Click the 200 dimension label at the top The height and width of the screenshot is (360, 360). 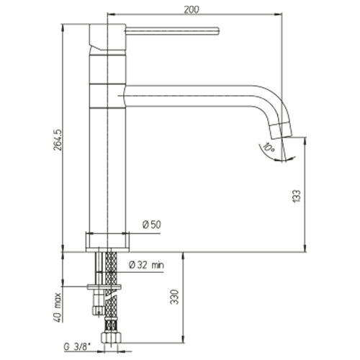pyautogui.click(x=192, y=9)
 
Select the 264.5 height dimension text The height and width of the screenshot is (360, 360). pyautogui.click(x=58, y=140)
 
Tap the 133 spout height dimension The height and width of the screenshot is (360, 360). pyautogui.click(x=297, y=196)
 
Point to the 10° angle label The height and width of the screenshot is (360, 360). pyautogui.click(x=269, y=148)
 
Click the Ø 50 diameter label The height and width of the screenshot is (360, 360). pyautogui.click(x=152, y=225)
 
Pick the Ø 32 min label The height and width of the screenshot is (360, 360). pyautogui.click(x=147, y=265)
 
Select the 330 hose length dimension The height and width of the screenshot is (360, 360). pyautogui.click(x=175, y=297)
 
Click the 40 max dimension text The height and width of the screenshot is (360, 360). pyautogui.click(x=58, y=307)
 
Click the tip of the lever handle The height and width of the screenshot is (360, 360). pyautogui.click(x=218, y=32)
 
